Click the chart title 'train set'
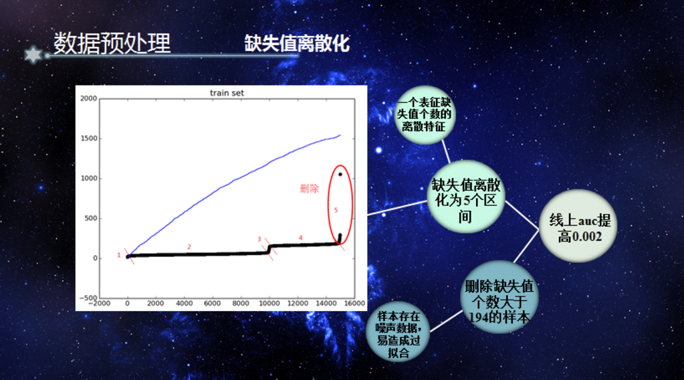click(227, 93)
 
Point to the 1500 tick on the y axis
click(89, 138)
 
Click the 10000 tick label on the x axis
click(269, 303)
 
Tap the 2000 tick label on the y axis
click(88, 98)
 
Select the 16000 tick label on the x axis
click(354, 303)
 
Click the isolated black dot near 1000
click(340, 175)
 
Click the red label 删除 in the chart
click(310, 189)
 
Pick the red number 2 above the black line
click(189, 247)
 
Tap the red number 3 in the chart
click(259, 240)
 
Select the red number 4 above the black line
click(301, 237)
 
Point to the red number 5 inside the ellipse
click(336, 210)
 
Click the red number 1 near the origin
click(118, 255)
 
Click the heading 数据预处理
click(112, 43)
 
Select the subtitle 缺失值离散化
click(297, 43)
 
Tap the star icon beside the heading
click(33, 55)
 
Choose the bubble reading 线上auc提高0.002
click(578, 226)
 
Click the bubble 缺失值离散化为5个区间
click(466, 197)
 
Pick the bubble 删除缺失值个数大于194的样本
click(499, 297)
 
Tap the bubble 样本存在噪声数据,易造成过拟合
click(398, 332)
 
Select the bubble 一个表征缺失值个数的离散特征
click(425, 115)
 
